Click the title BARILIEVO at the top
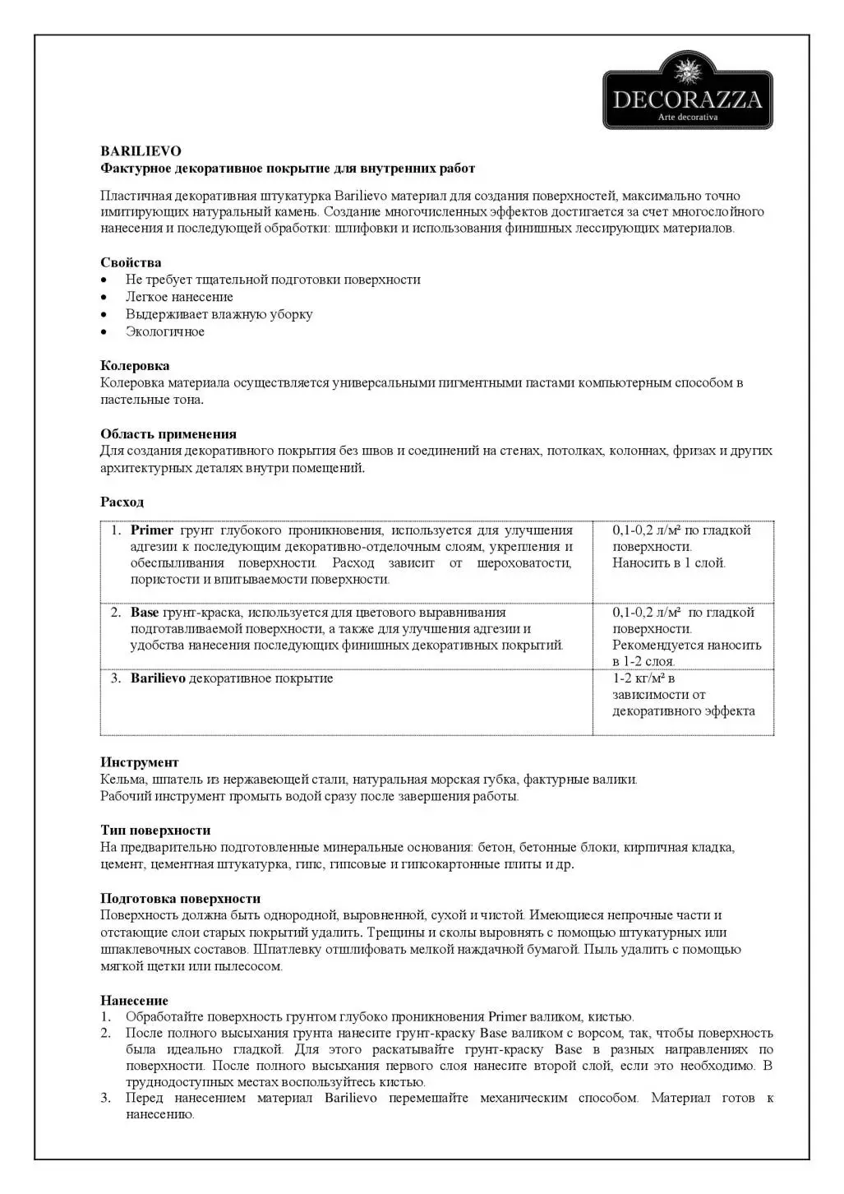(x=141, y=151)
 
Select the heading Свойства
(x=131, y=262)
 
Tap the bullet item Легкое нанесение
(x=179, y=297)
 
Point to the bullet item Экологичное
(x=164, y=331)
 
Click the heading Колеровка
(x=135, y=366)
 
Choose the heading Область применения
(x=168, y=434)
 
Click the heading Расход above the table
(x=122, y=502)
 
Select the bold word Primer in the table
(x=151, y=530)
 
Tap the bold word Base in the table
(x=145, y=613)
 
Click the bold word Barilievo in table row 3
(x=158, y=678)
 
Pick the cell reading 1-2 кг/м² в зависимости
(x=683, y=694)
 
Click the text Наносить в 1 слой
(x=668, y=563)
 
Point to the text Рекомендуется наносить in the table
(x=686, y=646)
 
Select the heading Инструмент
(x=139, y=762)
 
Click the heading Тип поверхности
(x=155, y=831)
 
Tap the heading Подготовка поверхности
(x=180, y=899)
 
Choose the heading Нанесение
(x=134, y=1001)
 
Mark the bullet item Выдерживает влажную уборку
(x=219, y=314)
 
